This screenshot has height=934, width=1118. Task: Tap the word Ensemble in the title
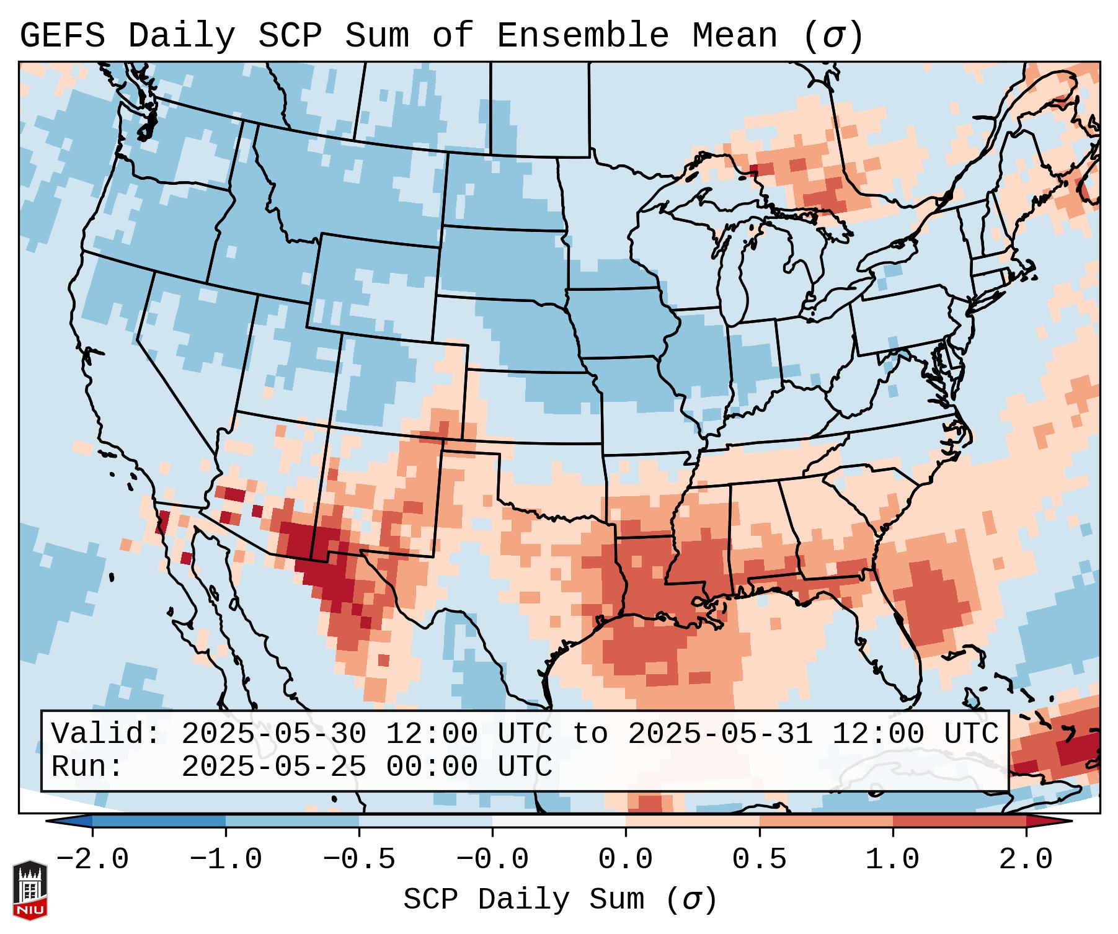point(583,36)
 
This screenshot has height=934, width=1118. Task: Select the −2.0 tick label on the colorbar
point(92,860)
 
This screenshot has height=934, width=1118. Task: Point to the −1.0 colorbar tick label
point(226,860)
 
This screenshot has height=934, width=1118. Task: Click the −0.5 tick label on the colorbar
point(359,860)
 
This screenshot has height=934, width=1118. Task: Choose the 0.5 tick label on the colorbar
point(760,860)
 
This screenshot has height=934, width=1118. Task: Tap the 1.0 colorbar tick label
point(893,860)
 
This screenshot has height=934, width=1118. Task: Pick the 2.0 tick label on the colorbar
point(1026,860)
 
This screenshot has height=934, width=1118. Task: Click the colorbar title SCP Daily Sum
point(533,899)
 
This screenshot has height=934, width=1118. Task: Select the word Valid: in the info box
point(105,734)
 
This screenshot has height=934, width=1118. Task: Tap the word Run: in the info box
point(87,767)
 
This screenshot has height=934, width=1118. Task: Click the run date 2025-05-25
point(273,767)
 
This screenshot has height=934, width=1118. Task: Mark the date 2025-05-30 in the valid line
point(273,734)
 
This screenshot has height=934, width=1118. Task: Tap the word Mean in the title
point(735,36)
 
